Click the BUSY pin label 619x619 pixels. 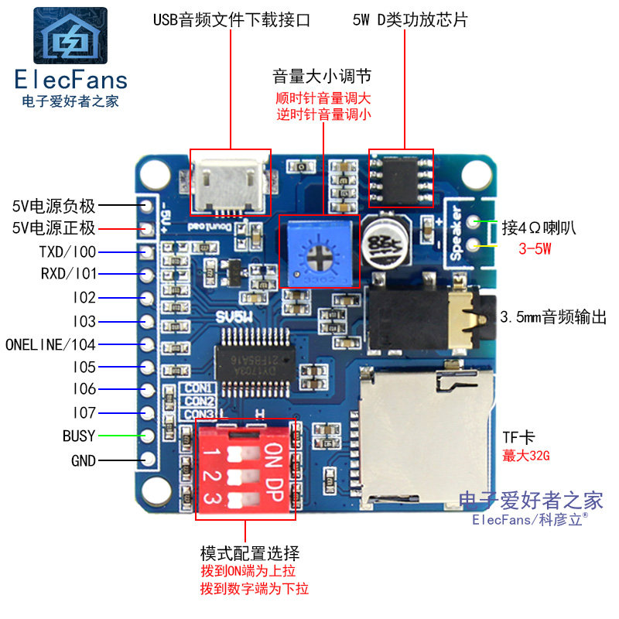point(79,436)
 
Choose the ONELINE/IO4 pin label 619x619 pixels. point(50,344)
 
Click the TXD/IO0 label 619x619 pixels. point(67,251)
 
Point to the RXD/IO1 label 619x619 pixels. point(68,274)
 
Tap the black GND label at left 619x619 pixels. point(83,461)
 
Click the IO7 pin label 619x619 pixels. point(84,413)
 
